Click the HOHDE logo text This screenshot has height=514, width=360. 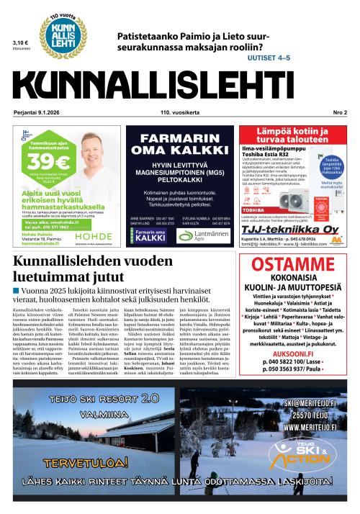pos(94,215)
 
